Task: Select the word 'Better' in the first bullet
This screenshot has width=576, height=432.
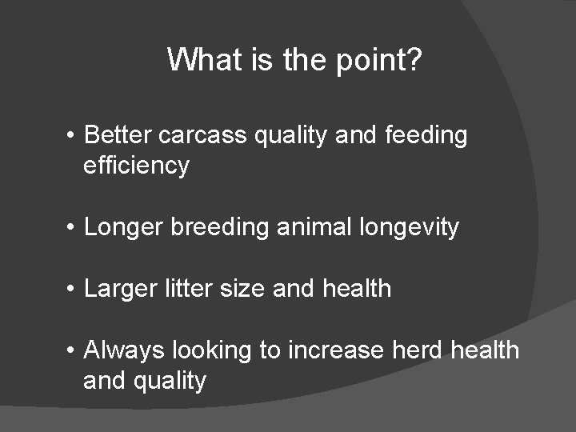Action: [118, 135]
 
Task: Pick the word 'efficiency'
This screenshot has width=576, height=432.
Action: [136, 166]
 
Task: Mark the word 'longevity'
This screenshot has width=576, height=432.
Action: [409, 228]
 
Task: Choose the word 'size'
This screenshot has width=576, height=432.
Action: [242, 287]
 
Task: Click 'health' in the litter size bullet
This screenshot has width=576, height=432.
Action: [357, 287]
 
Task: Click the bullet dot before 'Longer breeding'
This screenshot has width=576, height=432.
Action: [72, 228]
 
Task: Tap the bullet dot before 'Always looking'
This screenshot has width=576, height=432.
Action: [72, 350]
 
